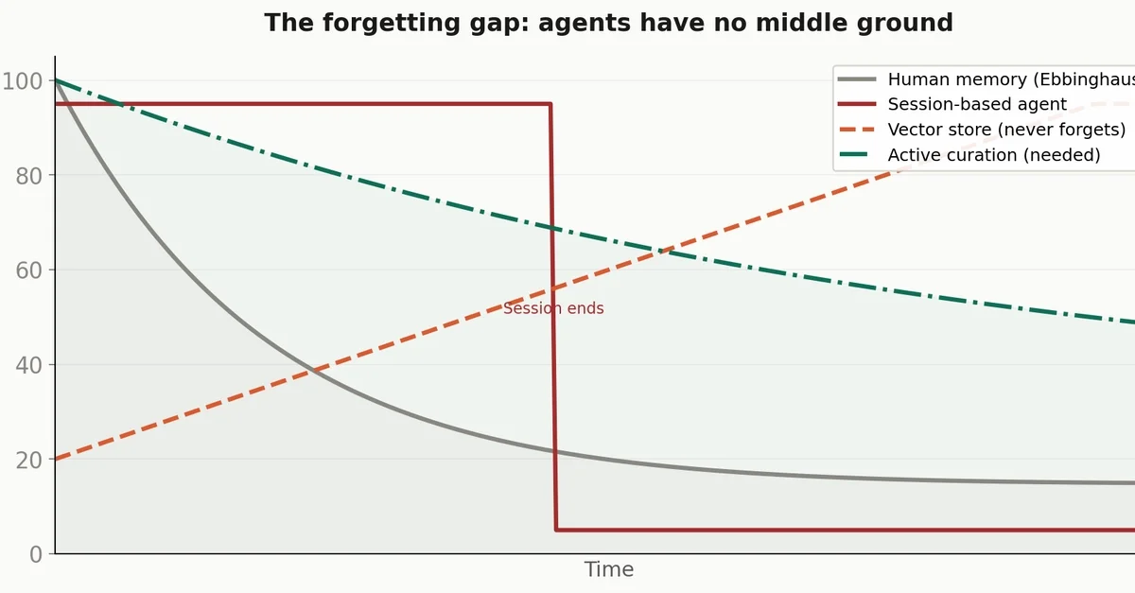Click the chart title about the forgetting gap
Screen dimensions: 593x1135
608,23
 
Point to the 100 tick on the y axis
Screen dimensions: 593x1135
22,81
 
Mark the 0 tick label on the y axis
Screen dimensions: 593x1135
36,554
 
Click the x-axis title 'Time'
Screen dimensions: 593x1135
608,569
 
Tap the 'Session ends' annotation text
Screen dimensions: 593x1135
553,308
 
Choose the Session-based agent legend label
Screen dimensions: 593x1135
977,105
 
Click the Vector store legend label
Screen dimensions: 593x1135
1006,130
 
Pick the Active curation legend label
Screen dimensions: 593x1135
993,155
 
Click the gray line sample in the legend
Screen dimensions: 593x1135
857,79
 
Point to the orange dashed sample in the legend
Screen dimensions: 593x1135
857,130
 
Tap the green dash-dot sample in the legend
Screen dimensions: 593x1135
857,155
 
